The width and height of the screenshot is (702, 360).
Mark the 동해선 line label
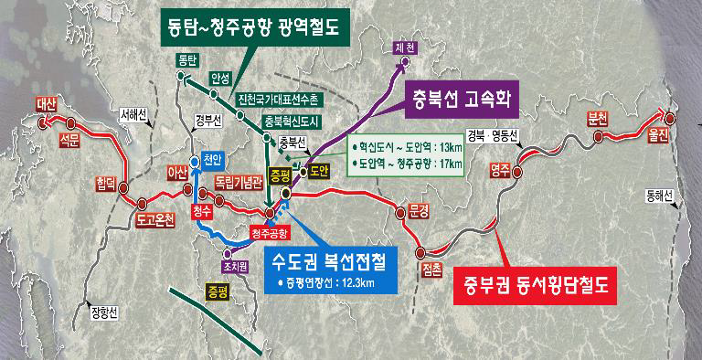(658, 195)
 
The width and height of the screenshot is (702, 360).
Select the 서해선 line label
(133, 114)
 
